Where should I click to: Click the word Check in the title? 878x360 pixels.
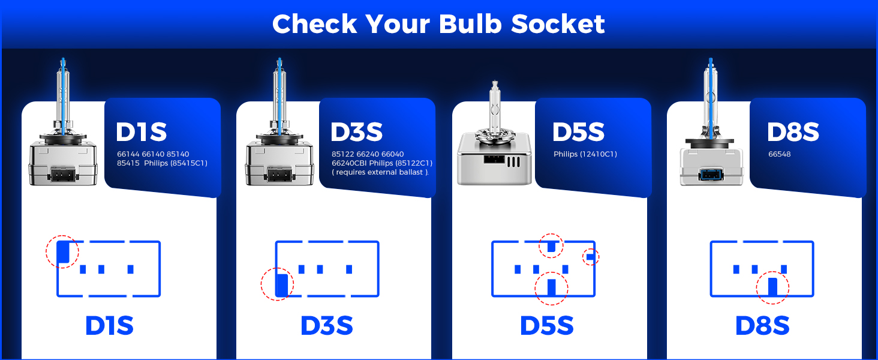pyautogui.click(x=314, y=24)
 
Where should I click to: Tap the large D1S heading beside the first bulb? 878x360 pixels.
pyautogui.click(x=141, y=133)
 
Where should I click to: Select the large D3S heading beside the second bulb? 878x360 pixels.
pyautogui.click(x=356, y=133)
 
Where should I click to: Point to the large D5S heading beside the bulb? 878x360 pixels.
pyautogui.click(x=578, y=133)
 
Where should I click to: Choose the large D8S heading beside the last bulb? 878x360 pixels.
pyautogui.click(x=793, y=133)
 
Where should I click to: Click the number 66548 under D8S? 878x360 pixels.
pyautogui.click(x=780, y=154)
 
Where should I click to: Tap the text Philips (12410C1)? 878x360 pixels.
pyautogui.click(x=585, y=154)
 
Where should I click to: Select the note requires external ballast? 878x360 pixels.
pyautogui.click(x=380, y=172)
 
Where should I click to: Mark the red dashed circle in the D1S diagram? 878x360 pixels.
pyautogui.click(x=62, y=252)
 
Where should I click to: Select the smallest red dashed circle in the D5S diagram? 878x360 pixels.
pyautogui.click(x=591, y=257)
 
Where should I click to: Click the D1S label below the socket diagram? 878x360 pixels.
pyautogui.click(x=109, y=326)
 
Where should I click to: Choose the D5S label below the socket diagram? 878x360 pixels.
pyautogui.click(x=546, y=326)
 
